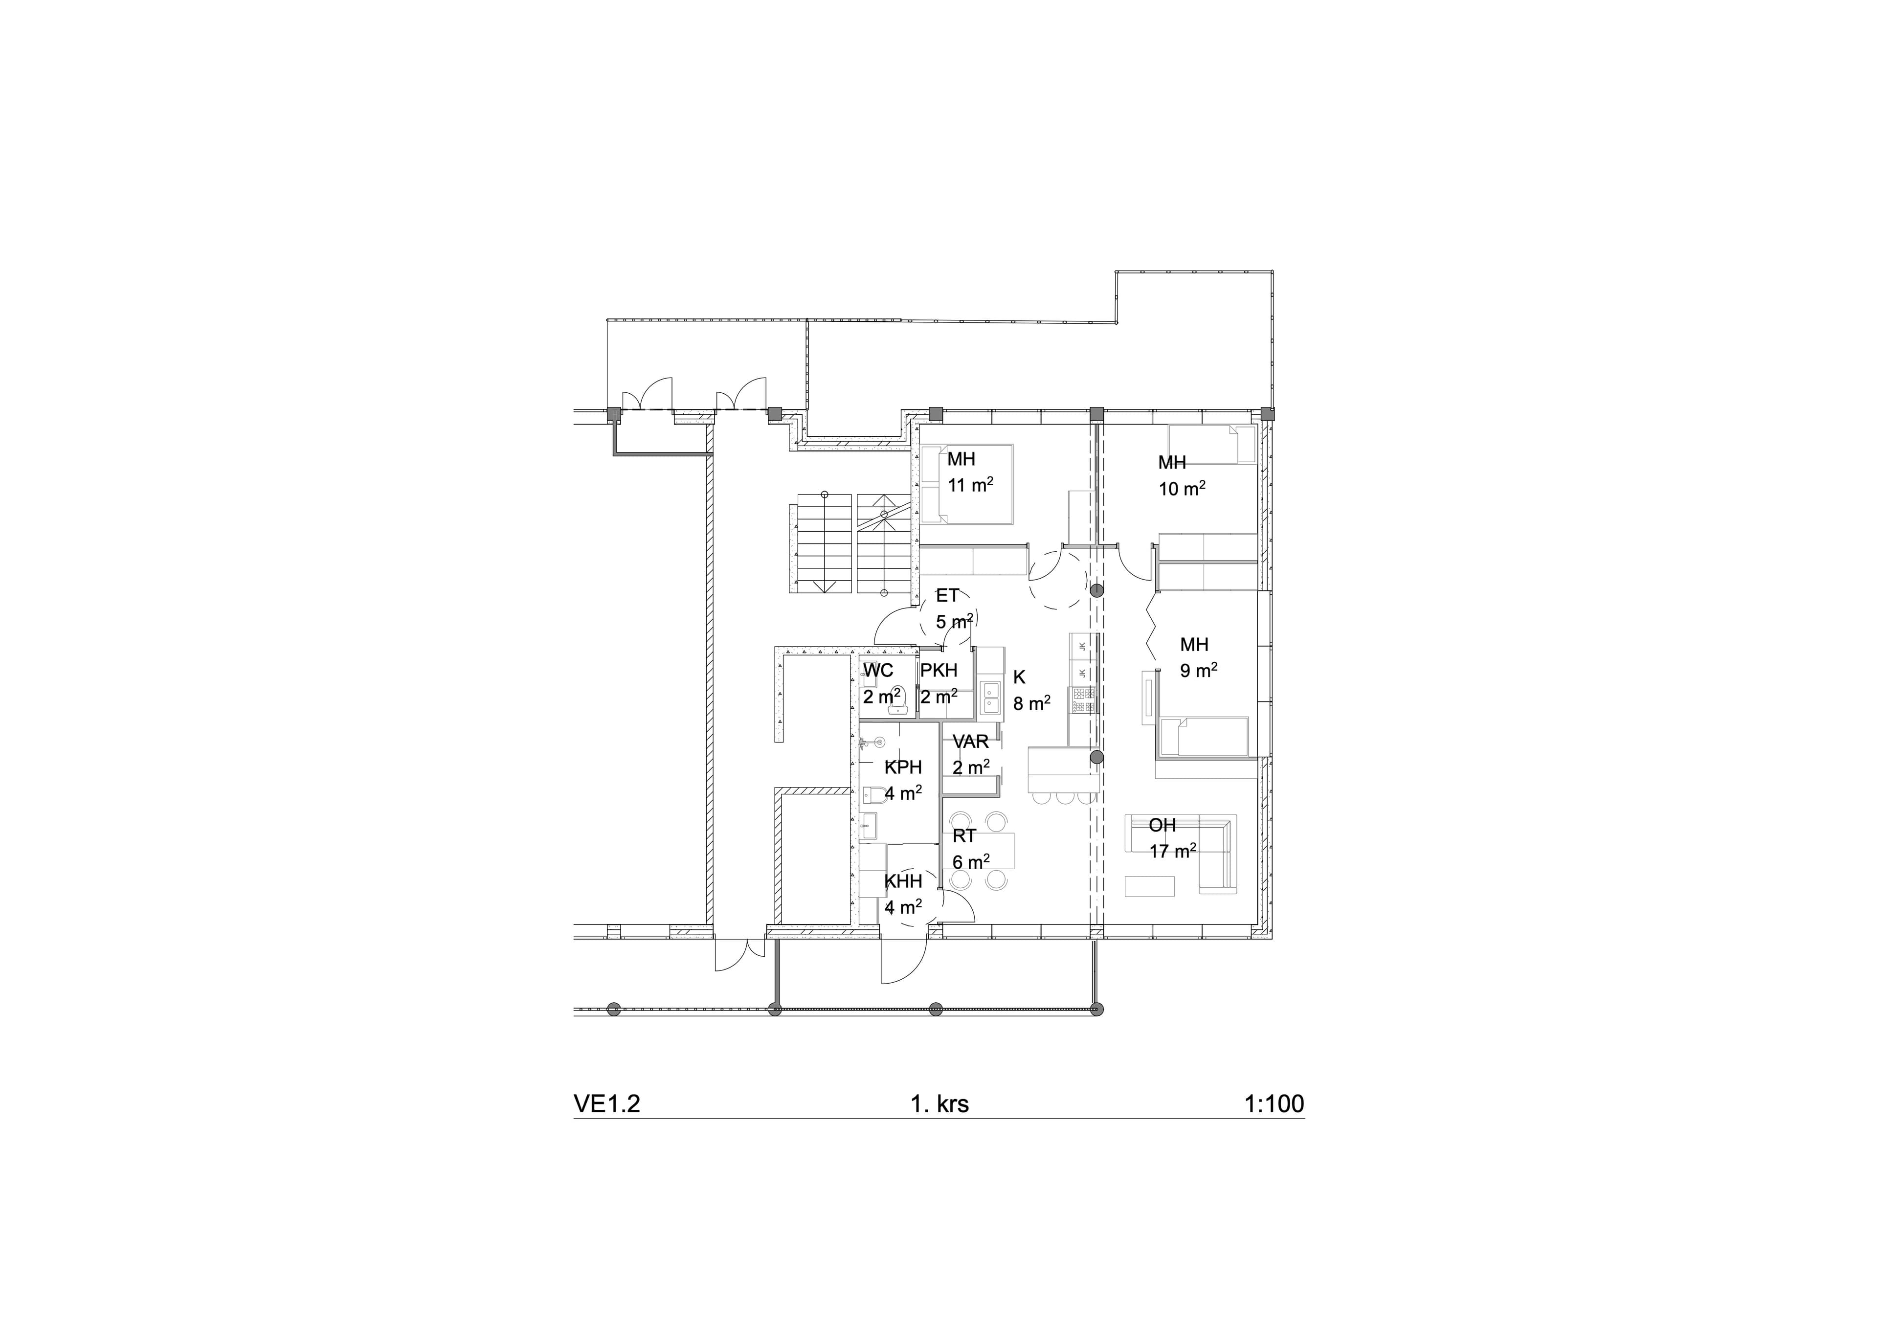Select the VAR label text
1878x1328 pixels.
[971, 742]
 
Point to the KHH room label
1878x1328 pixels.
[903, 881]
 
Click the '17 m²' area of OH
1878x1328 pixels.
[1173, 851]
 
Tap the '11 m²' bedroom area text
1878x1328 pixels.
[971, 484]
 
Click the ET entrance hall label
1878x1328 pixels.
[947, 596]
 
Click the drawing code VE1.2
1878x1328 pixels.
[607, 1104]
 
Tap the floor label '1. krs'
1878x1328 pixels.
[940, 1104]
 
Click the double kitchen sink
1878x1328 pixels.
[990, 698]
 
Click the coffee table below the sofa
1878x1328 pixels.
[1150, 886]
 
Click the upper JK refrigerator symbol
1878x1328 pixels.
[1083, 647]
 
